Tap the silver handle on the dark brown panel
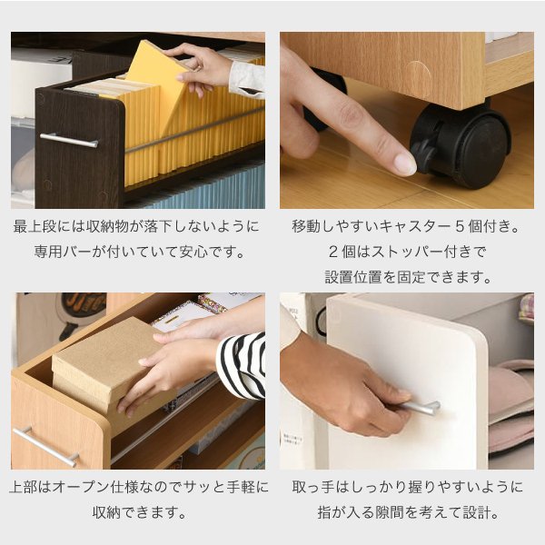(x=69, y=140)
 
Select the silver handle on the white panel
(x=420, y=407)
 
